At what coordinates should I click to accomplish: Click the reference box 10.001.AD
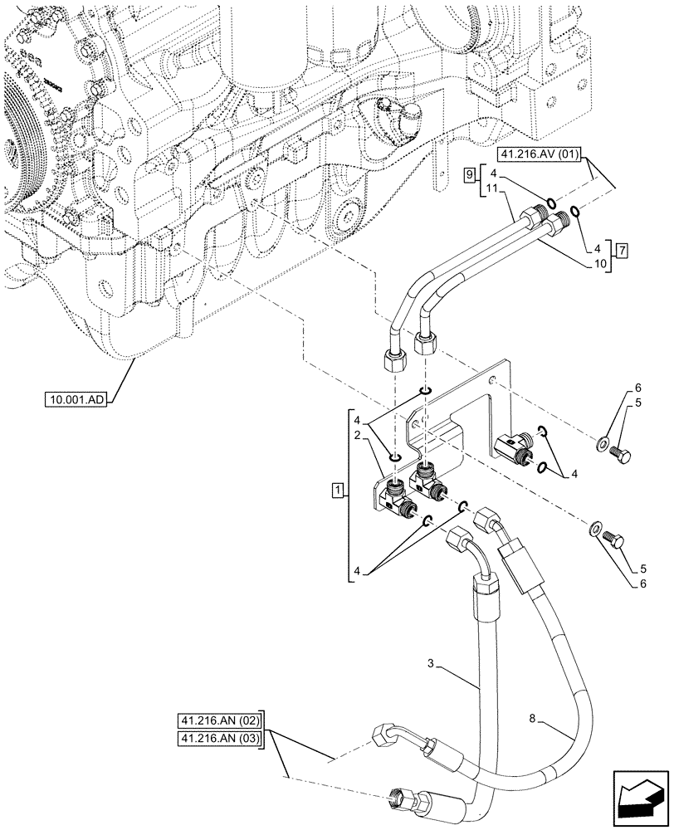(x=77, y=402)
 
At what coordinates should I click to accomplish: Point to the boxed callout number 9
(x=469, y=174)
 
